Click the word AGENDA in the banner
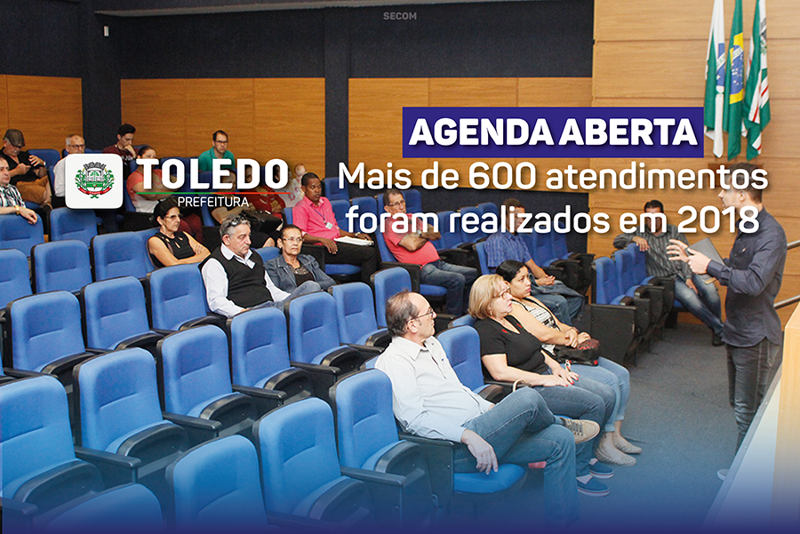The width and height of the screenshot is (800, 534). [481, 132]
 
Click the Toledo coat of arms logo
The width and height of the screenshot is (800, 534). [94, 181]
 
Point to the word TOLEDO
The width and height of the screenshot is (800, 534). [212, 174]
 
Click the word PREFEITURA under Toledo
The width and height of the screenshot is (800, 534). [213, 202]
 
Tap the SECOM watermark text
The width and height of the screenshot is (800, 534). [399, 16]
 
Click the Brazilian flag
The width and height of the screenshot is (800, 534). [735, 82]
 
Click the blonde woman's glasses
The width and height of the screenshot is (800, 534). [502, 293]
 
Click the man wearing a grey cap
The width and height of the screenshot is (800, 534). [21, 164]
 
